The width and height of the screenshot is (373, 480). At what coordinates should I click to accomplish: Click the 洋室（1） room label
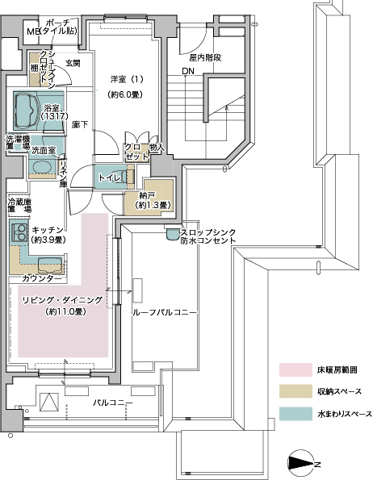pos(127,79)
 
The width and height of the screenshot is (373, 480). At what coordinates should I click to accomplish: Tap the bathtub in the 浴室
pos(25,111)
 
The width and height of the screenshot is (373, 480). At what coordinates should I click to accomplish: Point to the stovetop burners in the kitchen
pos(19,232)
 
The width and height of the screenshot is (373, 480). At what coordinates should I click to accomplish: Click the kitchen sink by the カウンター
pos(50,265)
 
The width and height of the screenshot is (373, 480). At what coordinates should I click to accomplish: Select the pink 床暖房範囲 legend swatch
pos(295,369)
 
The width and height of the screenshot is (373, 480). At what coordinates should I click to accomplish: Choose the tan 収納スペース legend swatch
pos(295,391)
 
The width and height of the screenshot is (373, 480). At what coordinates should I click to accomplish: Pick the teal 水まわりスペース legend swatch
pos(295,414)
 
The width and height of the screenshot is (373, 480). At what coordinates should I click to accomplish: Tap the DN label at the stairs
pos(188,71)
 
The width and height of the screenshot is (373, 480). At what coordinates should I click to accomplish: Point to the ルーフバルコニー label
pos(164,312)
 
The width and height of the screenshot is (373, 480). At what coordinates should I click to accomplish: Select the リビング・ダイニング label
pos(62,300)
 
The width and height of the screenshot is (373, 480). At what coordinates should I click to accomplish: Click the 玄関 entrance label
pos(73,63)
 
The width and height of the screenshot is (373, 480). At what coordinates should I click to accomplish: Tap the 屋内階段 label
pos(205,57)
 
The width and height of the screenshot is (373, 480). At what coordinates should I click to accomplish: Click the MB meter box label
pos(33,31)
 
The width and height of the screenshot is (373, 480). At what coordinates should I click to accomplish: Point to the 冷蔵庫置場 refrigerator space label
pos(19,206)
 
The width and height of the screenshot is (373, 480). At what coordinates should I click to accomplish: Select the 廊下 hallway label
pos(80,124)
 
